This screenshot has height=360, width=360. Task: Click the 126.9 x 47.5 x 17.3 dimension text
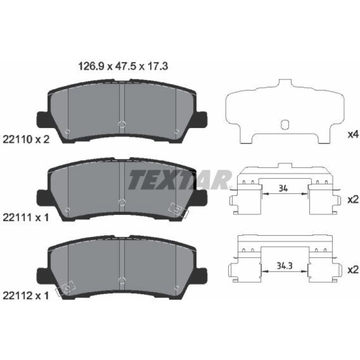123,66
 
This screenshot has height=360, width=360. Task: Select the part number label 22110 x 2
26,139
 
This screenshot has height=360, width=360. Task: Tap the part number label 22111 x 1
26,217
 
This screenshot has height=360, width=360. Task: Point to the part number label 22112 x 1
26,296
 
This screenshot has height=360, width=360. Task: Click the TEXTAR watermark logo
180,180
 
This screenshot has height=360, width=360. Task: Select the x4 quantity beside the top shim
353,135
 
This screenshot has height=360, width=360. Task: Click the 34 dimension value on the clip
283,189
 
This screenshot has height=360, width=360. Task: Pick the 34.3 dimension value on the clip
284,266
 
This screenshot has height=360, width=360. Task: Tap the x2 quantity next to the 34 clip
353,200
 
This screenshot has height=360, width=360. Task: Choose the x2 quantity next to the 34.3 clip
353,270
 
